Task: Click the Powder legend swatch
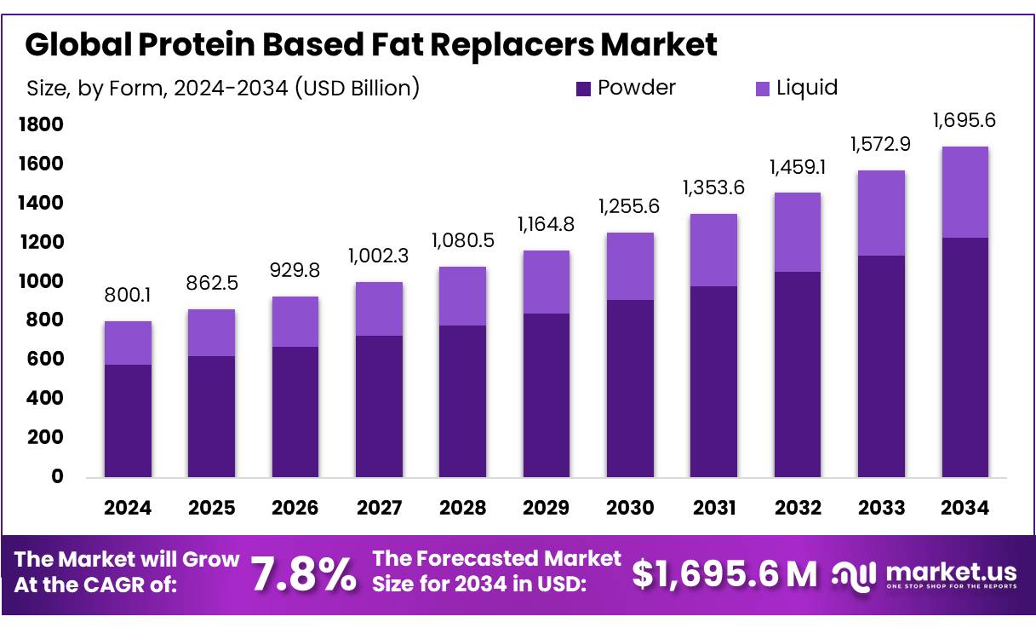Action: [583, 89]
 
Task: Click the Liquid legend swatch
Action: [763, 89]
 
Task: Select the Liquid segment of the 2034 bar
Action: [964, 193]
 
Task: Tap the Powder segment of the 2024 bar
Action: [128, 421]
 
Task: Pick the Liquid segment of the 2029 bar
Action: [546, 282]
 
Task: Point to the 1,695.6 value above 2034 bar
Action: [964, 120]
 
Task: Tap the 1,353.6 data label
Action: [713, 187]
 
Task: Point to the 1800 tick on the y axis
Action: [41, 125]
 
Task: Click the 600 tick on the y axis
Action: [48, 360]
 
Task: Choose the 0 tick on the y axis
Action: [58, 476]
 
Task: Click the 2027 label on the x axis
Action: [379, 508]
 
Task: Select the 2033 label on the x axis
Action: [881, 508]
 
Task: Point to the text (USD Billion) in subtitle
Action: [357, 88]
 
